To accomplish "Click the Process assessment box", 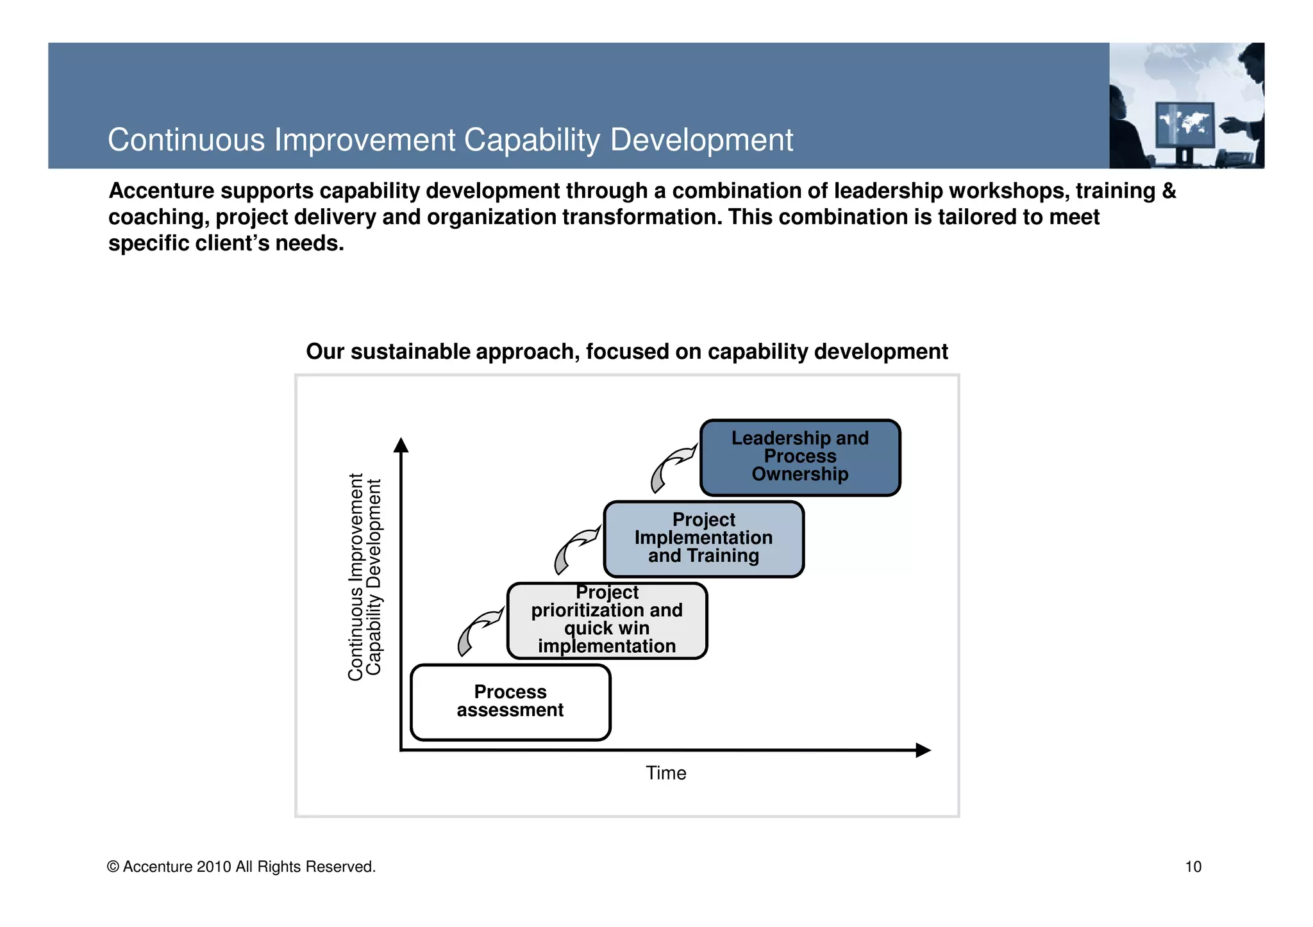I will (510, 702).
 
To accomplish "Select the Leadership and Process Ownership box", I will (800, 457).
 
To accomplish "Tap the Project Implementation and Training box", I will (703, 539).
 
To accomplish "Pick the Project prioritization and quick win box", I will (606, 620).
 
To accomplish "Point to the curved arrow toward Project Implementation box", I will (574, 548).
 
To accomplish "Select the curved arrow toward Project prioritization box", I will (477, 630).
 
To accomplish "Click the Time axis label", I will (665, 773).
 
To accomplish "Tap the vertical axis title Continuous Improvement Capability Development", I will (365, 577).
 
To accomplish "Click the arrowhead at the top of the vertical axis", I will (401, 445).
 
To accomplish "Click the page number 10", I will (1192, 867).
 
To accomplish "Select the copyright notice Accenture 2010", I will (241, 867).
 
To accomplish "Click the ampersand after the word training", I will (1169, 191).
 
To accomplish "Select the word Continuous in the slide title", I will (186, 140).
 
